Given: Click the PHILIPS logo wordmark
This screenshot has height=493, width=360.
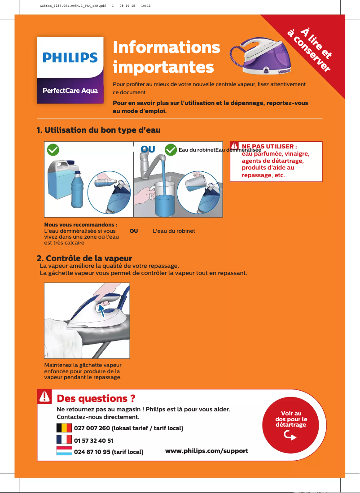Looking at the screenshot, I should click(x=70, y=57).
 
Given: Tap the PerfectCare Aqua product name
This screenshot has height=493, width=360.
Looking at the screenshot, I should click(x=70, y=91).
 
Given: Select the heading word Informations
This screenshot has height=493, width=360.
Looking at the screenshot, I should click(x=167, y=47).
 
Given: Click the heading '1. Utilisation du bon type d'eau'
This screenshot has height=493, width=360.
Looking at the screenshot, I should click(x=98, y=130).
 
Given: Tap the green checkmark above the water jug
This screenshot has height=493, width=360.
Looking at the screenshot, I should click(x=53, y=149).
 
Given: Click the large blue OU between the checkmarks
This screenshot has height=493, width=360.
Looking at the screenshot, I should click(x=148, y=149).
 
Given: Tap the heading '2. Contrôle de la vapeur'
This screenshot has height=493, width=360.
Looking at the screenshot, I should click(x=84, y=258).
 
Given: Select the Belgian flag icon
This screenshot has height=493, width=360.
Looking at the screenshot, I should click(x=64, y=428).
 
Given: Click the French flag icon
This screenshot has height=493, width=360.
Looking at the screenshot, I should click(x=64, y=439).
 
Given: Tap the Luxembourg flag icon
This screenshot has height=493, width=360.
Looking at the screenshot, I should click(x=64, y=451).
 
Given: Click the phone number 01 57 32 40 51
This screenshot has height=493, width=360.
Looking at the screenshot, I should click(x=93, y=441).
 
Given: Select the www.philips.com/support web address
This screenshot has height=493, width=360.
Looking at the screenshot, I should click(x=206, y=450).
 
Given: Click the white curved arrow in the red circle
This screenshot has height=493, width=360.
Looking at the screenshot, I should click(x=290, y=436).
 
